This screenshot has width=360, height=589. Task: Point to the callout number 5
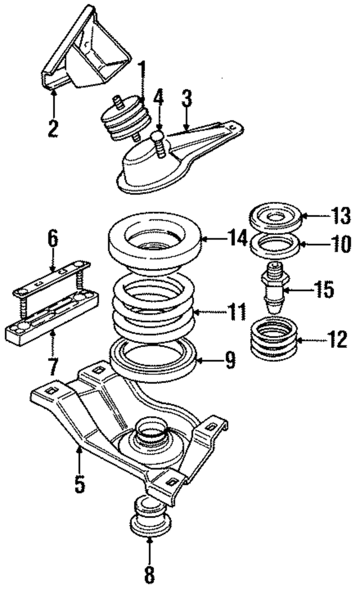pyautogui.click(x=80, y=483)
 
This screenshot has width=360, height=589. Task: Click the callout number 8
pyautogui.click(x=149, y=575)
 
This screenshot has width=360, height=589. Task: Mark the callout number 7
pyautogui.click(x=52, y=366)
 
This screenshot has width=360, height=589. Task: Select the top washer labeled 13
pyautogui.click(x=276, y=217)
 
